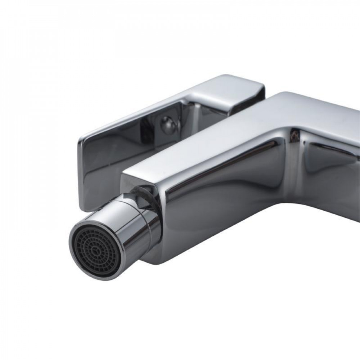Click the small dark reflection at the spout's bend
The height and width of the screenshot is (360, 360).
click(296, 136)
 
